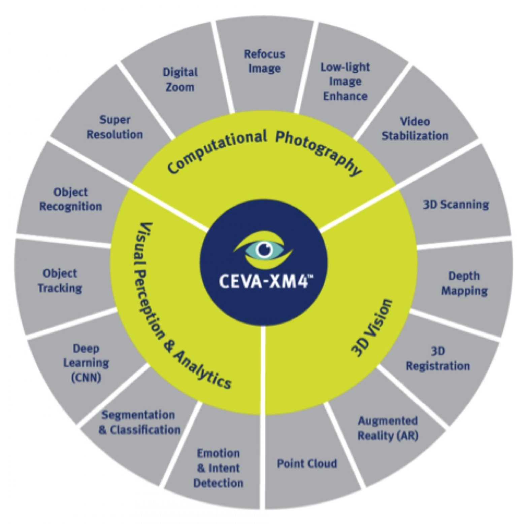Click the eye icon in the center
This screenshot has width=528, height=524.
[x=263, y=250]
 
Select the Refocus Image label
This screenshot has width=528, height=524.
[x=264, y=61]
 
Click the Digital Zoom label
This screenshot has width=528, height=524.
[x=180, y=80]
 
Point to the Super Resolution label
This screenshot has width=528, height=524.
[x=115, y=127]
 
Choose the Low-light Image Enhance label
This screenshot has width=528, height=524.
[x=345, y=81]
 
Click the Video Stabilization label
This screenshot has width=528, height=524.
[x=415, y=128]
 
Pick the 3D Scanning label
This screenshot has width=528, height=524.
[x=456, y=204]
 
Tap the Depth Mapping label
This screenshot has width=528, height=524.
[x=464, y=283]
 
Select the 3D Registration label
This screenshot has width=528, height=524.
[x=438, y=359]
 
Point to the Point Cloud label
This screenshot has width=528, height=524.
[x=307, y=463]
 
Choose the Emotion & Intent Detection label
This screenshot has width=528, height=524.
[x=218, y=468]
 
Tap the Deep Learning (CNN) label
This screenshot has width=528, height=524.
[x=86, y=363]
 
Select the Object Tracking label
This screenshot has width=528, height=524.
[x=60, y=280]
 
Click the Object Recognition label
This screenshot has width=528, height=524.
[x=71, y=199]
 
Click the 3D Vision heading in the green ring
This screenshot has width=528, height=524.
[x=372, y=328]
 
